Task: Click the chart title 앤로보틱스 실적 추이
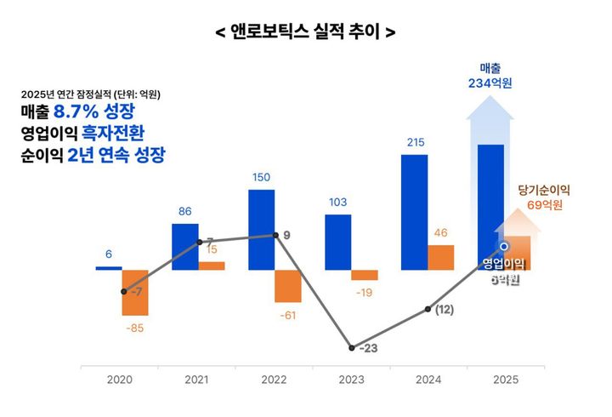(305, 31)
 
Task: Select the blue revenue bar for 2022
(262, 230)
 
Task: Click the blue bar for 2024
(415, 213)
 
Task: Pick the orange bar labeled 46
(440, 258)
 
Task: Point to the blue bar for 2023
(338, 243)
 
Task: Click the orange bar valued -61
(288, 286)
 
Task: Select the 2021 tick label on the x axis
(197, 380)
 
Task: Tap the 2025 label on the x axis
(505, 380)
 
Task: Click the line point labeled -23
(351, 347)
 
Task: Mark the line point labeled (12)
(428, 309)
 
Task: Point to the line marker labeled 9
(275, 235)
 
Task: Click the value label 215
(415, 143)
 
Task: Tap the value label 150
(262, 177)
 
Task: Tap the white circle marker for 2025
(504, 247)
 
